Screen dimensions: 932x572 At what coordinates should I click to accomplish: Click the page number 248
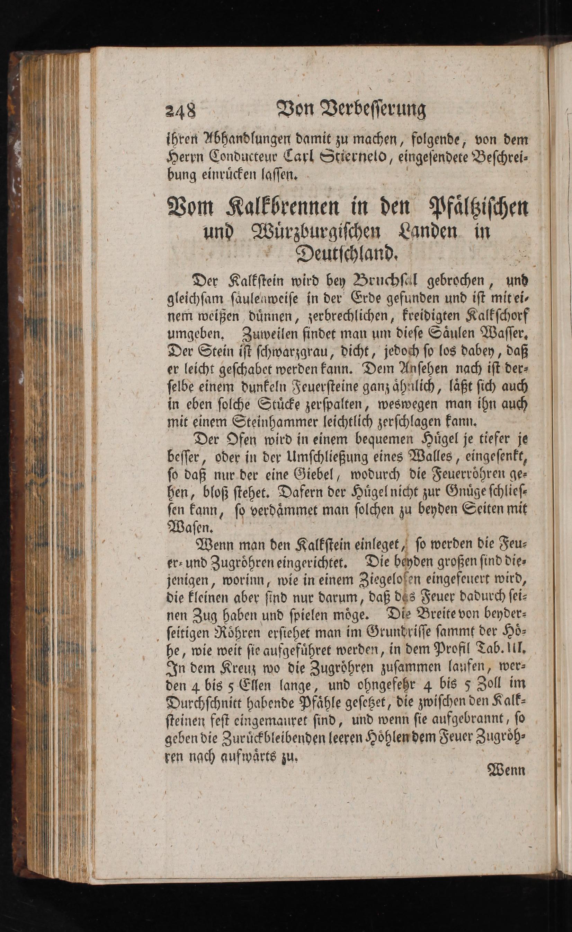pos(180,110)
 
